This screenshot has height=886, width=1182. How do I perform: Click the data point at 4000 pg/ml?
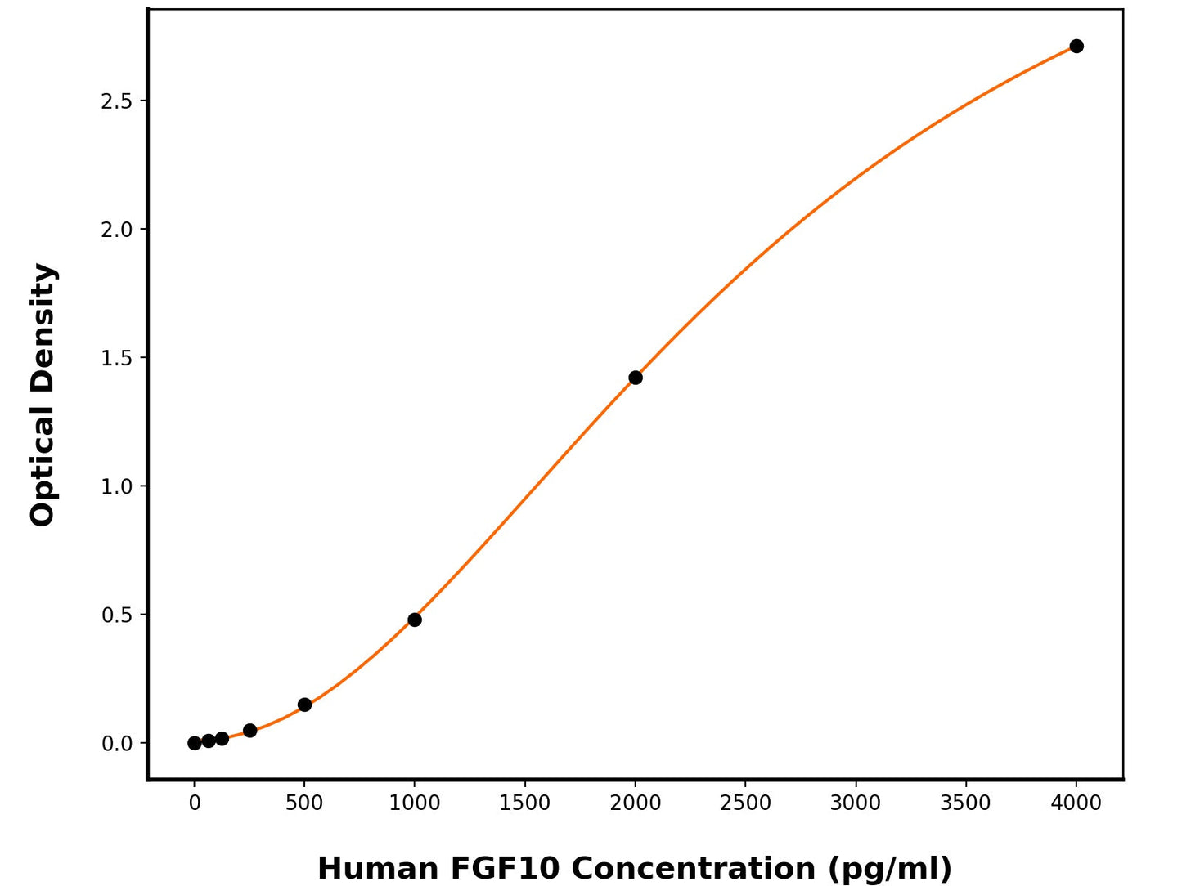click(1076, 46)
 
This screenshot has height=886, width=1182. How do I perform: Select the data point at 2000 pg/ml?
click(636, 378)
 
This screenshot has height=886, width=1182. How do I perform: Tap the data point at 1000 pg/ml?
click(415, 620)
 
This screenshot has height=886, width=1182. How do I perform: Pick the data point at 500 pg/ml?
click(304, 705)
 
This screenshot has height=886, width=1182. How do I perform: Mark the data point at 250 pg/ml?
click(249, 731)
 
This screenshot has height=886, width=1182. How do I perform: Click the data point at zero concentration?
click(195, 743)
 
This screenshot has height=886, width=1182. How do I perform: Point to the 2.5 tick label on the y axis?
click(116, 101)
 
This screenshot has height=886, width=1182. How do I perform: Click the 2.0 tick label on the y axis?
click(116, 230)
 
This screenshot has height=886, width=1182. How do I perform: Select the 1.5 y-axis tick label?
click(116, 358)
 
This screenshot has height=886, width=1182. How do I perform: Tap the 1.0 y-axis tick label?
click(116, 486)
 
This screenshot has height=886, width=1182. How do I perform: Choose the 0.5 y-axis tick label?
click(116, 615)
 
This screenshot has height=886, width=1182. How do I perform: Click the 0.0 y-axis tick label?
click(116, 744)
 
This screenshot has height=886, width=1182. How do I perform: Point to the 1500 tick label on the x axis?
click(525, 803)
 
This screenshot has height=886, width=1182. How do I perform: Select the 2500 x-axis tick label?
click(745, 803)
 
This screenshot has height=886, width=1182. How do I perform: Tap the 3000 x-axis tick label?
click(856, 803)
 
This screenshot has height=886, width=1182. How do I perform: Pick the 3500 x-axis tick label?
click(966, 803)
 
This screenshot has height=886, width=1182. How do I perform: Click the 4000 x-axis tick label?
click(1076, 803)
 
